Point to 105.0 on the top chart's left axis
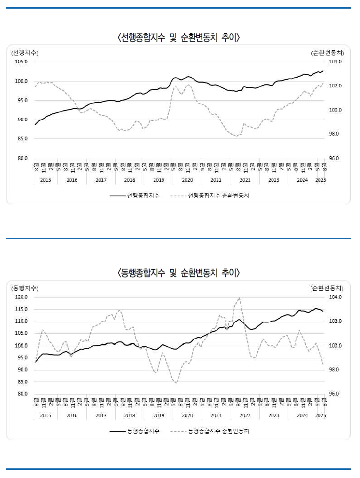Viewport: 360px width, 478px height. [x=21, y=62]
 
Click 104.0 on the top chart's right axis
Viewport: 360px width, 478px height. [x=335, y=62]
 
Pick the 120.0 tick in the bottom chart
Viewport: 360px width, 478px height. [x=21, y=297]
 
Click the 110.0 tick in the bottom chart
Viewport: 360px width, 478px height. [x=21, y=321]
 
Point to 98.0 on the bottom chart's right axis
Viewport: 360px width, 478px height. [x=335, y=370]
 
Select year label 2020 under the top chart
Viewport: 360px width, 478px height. [x=187, y=180]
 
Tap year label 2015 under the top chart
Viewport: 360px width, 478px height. [x=45, y=180]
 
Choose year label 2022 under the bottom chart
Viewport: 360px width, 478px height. [x=245, y=415]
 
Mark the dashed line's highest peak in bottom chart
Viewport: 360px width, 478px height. [x=240, y=298]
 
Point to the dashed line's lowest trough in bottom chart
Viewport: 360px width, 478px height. [x=176, y=382]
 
